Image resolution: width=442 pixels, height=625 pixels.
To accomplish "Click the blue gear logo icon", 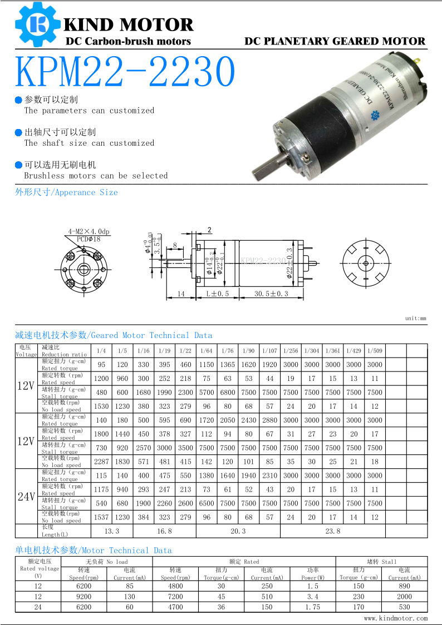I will point(37,24).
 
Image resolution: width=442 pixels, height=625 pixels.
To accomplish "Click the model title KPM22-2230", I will point(125,72).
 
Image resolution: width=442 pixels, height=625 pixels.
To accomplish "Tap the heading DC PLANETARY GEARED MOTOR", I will point(335,41).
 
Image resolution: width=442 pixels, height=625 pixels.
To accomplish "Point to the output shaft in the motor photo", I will point(266,165).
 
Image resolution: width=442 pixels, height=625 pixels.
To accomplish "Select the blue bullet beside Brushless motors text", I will point(18,165).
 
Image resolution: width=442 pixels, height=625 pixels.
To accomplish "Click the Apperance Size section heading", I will point(66,192).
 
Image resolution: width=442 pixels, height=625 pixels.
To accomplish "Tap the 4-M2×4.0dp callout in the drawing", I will point(89,231).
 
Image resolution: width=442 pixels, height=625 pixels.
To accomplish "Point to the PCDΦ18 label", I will point(89,239).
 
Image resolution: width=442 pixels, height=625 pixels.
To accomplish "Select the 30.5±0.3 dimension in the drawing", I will point(271,294).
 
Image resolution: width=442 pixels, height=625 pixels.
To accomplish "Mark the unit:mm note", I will point(415,319).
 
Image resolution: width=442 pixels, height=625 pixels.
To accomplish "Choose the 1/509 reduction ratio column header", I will point(375,351).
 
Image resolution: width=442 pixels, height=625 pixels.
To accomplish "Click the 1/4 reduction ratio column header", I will point(101,351).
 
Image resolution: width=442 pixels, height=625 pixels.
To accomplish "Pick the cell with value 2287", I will point(101,462).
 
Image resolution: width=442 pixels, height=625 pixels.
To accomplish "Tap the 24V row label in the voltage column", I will point(26,497).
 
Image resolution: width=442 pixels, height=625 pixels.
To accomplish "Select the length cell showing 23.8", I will point(332,531).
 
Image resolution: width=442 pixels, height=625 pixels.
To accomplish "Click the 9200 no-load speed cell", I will point(84,597).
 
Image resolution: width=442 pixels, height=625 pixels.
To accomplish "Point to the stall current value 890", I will point(404,586).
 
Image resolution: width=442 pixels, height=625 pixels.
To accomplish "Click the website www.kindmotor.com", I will point(396,618).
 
